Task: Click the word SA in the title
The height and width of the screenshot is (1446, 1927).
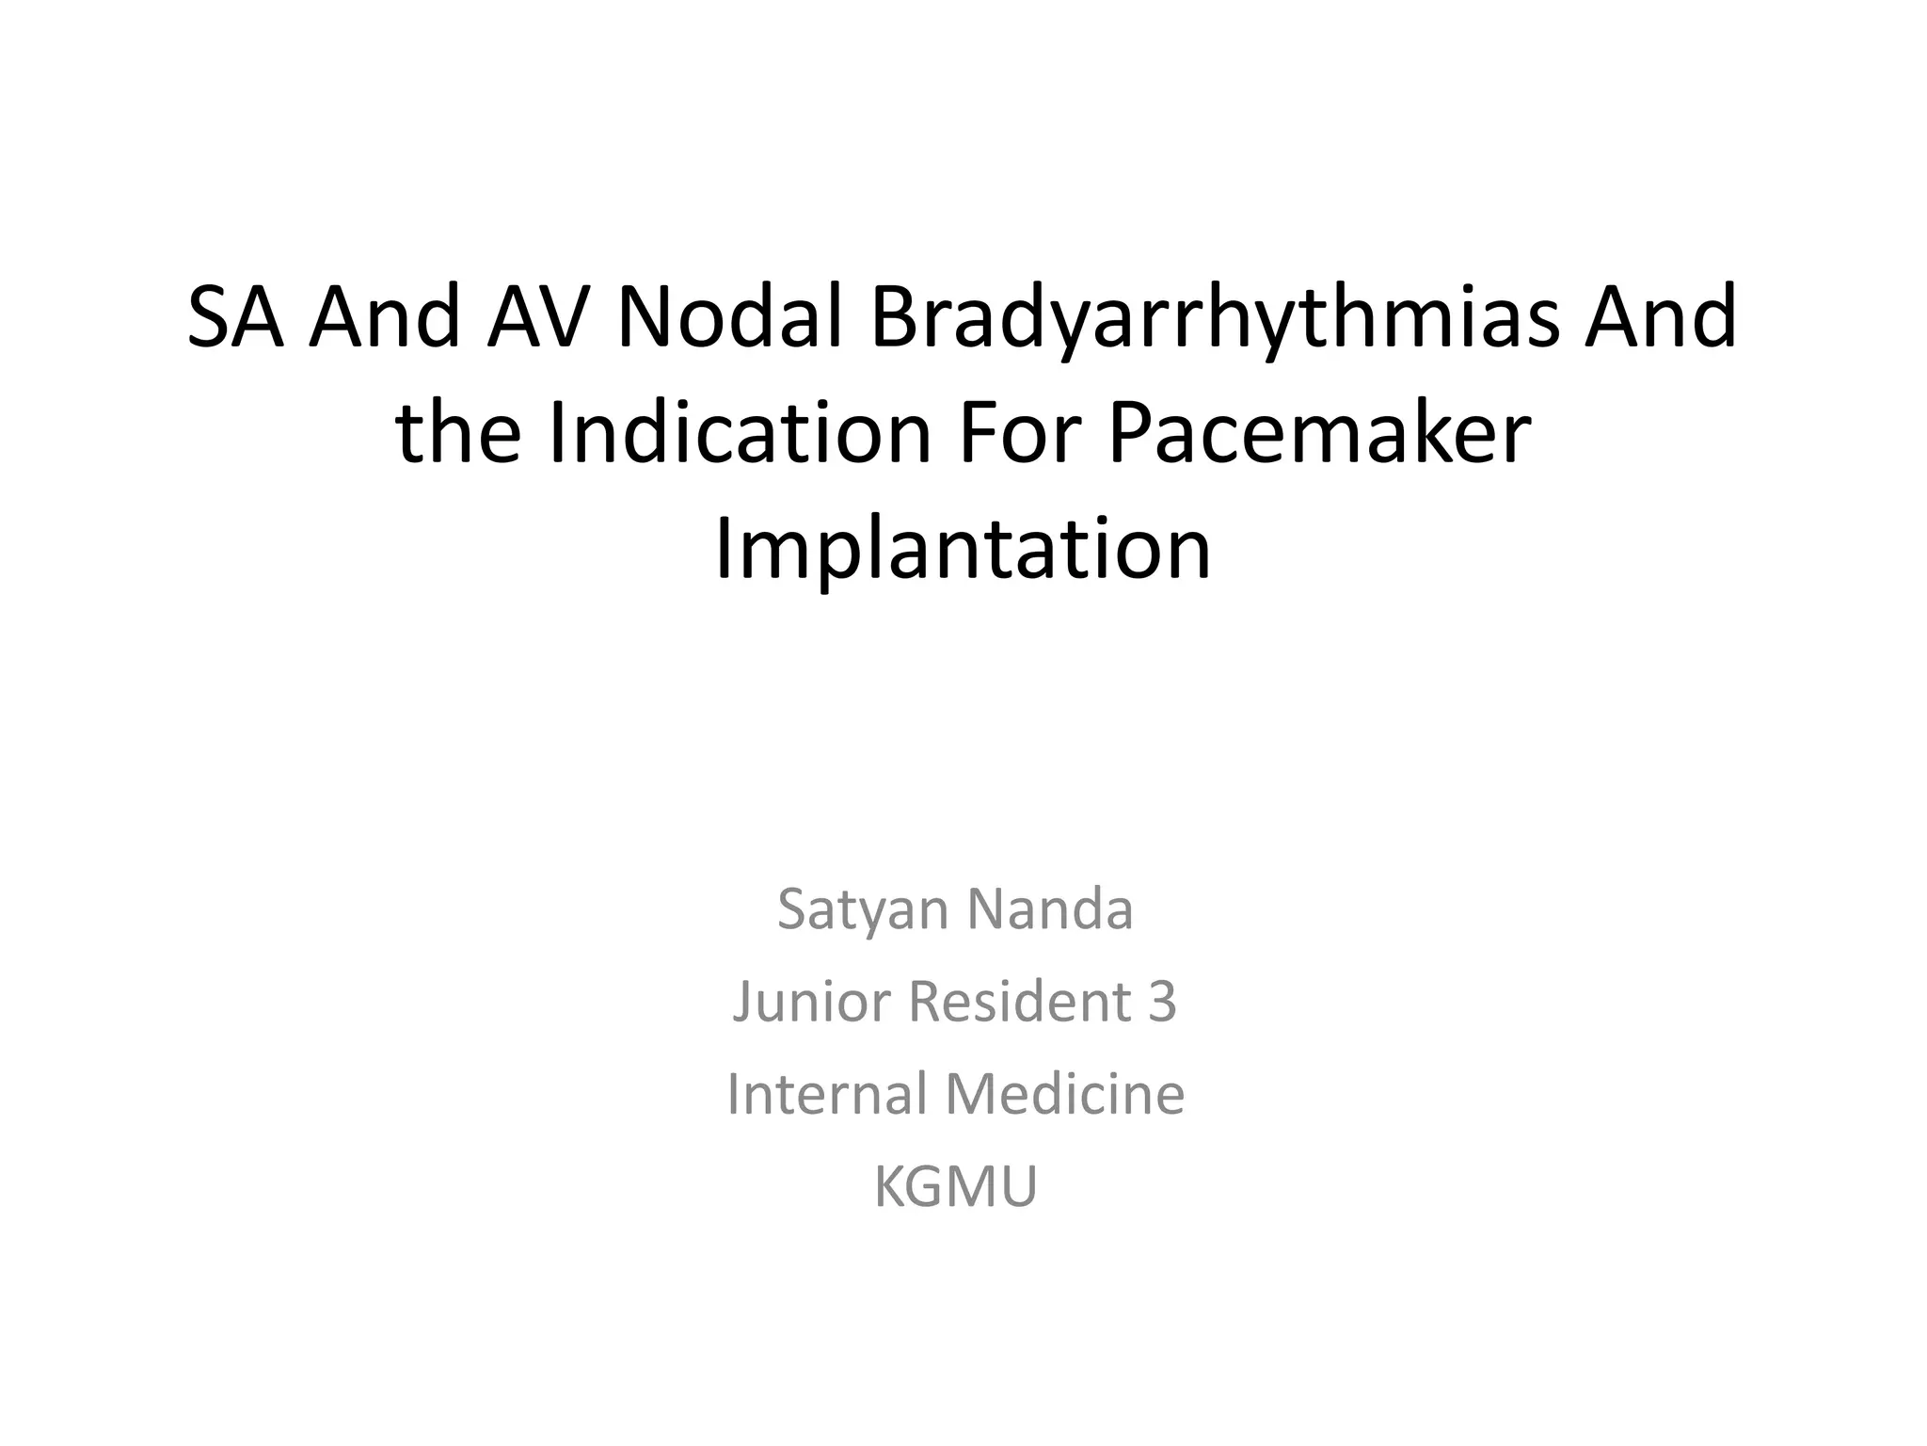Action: [235, 317]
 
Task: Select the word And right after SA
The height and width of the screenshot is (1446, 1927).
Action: [386, 317]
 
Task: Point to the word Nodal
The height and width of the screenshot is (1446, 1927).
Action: [729, 317]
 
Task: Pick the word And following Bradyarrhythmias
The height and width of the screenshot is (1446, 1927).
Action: [1661, 317]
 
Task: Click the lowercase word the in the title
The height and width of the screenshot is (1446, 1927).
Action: [458, 434]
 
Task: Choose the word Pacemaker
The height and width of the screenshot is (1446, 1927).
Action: [1319, 434]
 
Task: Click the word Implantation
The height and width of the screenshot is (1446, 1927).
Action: [963, 551]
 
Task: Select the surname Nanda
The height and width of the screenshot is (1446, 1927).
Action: [1050, 909]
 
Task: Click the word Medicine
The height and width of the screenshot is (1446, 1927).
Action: [1064, 1094]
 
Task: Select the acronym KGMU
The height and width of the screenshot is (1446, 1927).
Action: [955, 1186]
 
